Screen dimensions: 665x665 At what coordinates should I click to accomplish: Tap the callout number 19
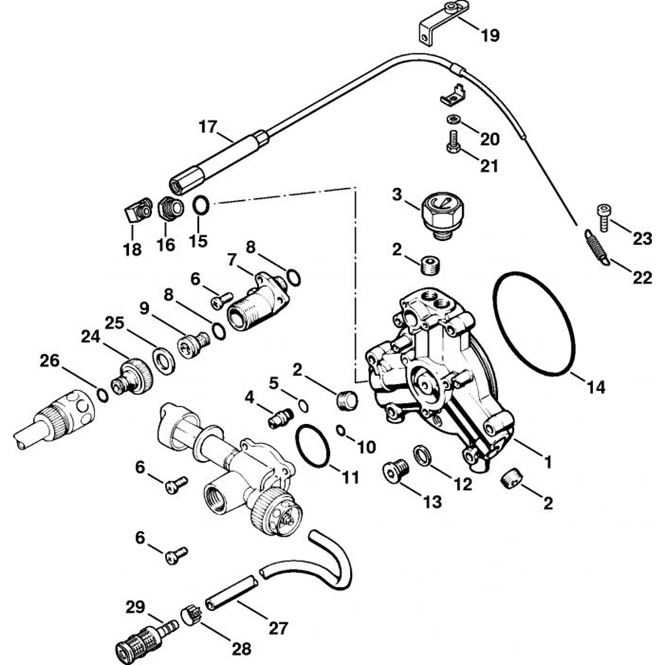pyautogui.click(x=491, y=36)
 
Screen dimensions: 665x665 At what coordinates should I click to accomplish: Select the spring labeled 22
pyautogui.click(x=597, y=246)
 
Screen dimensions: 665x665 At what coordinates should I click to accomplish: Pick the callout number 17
pyautogui.click(x=208, y=126)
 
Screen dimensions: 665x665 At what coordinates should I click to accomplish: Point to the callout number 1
pyautogui.click(x=548, y=460)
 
